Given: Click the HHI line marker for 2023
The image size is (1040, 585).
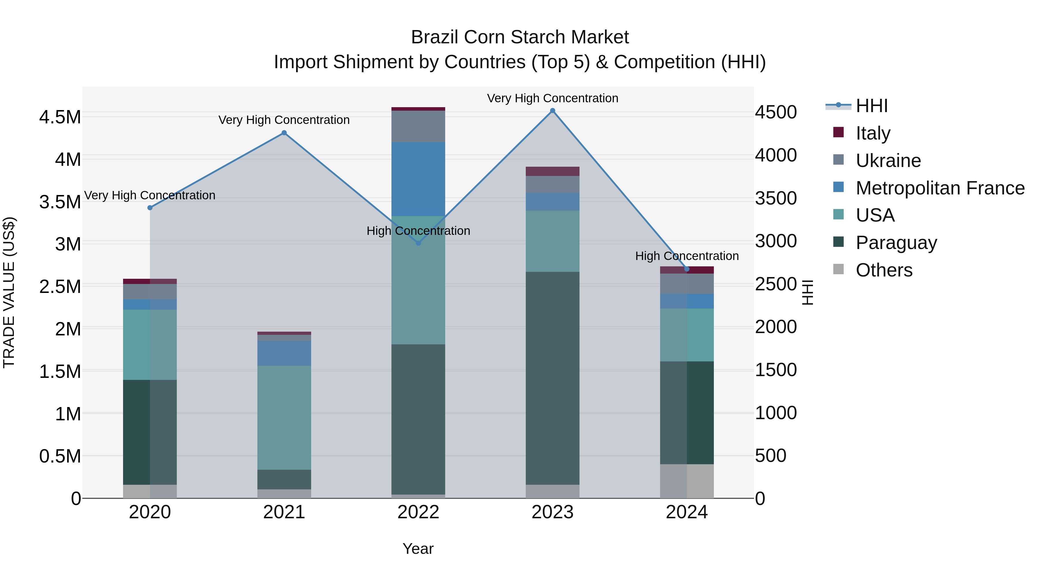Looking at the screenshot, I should point(552,111).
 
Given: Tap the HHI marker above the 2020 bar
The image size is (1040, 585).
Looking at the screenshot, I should point(150,207).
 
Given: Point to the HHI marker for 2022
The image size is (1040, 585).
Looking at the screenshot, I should point(418,243).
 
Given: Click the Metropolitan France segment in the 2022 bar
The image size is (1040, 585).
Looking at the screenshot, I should point(418,179).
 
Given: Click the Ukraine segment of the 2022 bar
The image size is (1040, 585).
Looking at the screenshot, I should point(418,126).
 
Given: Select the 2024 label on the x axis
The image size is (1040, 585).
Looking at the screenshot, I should point(686,512).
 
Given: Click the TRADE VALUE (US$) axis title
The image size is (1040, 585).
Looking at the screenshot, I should point(9,292).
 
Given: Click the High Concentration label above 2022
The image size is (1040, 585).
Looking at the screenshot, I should point(418,231).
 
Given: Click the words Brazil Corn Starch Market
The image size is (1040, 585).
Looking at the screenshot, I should point(520,37).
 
